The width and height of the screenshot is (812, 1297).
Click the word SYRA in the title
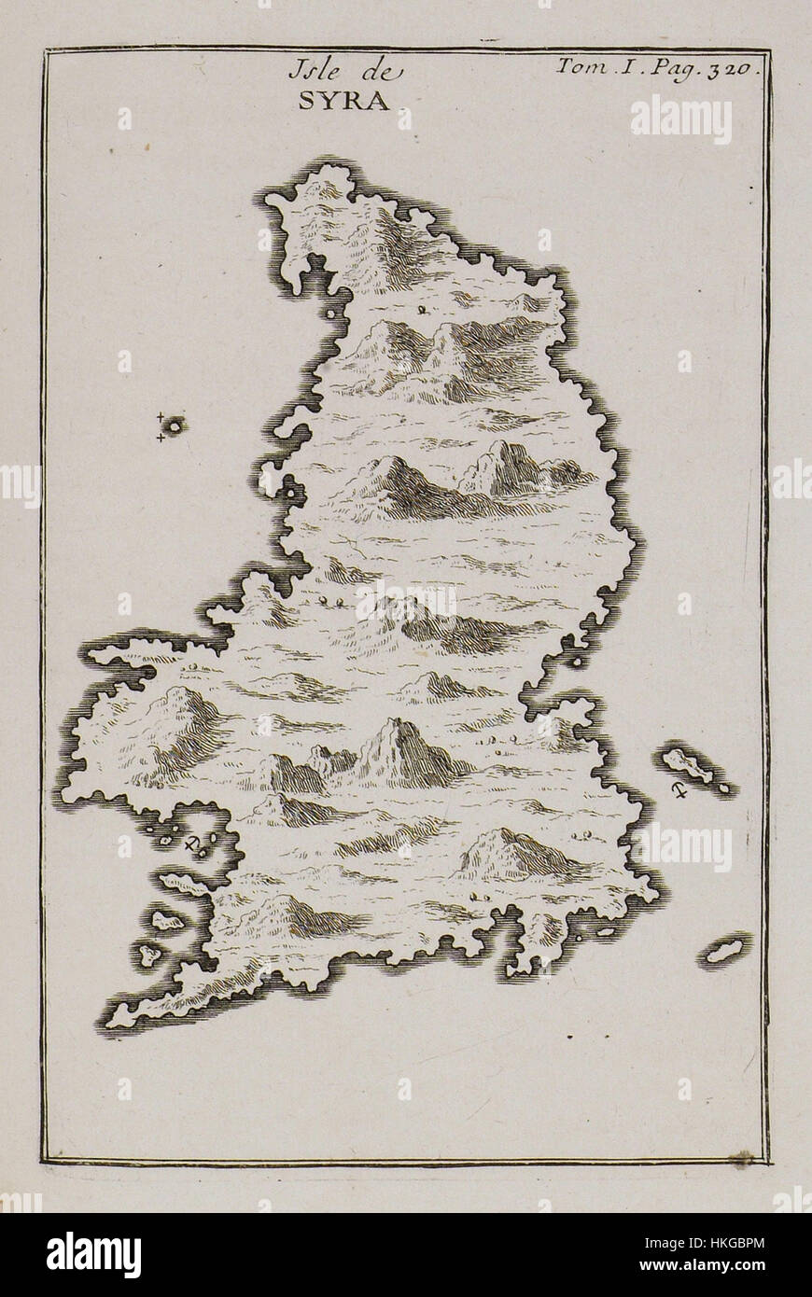pos(343,102)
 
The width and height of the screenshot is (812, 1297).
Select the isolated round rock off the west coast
pos(175,425)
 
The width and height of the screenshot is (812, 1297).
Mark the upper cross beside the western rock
pos(160,416)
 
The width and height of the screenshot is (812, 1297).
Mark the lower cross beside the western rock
pos(160,437)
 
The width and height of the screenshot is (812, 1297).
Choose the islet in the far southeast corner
pos(725,950)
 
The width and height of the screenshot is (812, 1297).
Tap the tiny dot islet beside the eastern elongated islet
pos(724,789)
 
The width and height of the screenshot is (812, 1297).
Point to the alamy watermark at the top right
pos(680,119)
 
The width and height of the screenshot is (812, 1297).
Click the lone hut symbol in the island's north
pos(423,311)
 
